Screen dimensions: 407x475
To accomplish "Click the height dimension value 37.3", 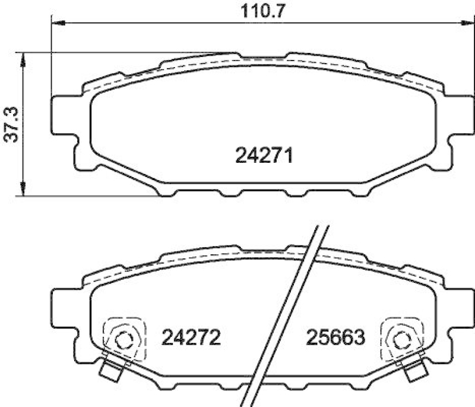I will [x=10, y=125].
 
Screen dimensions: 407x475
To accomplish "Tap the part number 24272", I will [x=191, y=337].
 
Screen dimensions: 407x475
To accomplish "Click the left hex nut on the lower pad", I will [x=124, y=340].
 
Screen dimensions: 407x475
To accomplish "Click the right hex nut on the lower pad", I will [x=402, y=340].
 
